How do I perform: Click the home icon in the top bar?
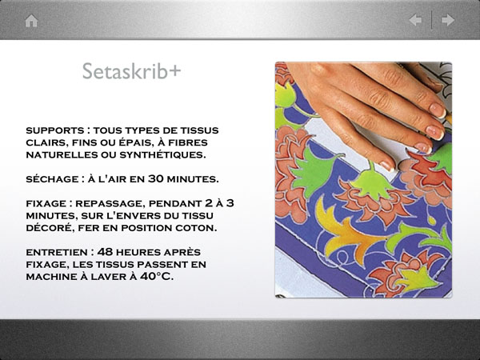click(31, 21)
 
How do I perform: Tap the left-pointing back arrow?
click(415, 20)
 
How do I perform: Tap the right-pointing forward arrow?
click(448, 20)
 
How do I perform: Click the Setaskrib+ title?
click(132, 71)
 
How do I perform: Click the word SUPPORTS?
click(55, 130)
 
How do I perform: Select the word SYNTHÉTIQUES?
click(162, 154)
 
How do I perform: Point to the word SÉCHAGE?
click(52, 179)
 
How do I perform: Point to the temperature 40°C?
click(157, 277)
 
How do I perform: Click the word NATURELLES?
click(62, 155)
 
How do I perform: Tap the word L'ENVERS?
click(116, 215)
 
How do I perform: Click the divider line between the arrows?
click(432, 20)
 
